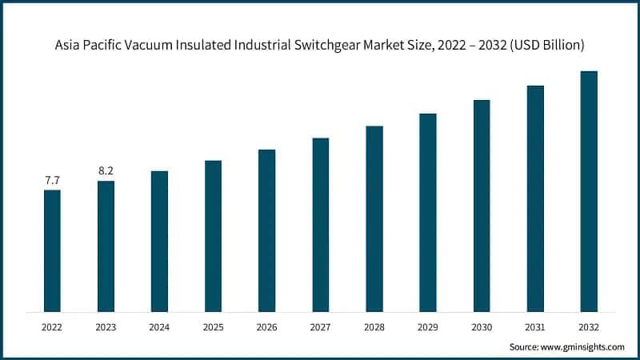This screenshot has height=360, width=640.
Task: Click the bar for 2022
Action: pos(52,250)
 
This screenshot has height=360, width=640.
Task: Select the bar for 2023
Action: pos(106,246)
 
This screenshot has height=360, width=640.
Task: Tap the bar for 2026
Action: pos(266,230)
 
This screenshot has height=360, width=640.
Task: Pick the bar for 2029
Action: pos(428,212)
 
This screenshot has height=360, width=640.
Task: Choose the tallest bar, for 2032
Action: pos(589,191)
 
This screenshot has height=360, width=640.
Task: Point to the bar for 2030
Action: pos(482,206)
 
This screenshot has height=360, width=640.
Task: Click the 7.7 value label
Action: pos(52,182)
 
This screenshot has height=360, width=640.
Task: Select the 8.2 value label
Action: pos(106,171)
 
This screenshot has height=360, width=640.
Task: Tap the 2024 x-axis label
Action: pos(159,326)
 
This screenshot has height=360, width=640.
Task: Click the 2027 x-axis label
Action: pos(320,326)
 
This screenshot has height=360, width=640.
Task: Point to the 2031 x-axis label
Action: pos(535,326)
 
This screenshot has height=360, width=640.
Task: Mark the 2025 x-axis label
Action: pos(213,326)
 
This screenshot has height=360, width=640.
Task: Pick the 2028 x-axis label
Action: pos(374,326)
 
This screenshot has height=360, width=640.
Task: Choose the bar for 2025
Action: pos(213,236)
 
